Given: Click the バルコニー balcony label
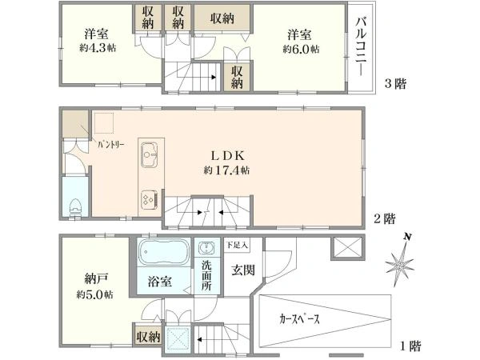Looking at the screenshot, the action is click(x=362, y=46).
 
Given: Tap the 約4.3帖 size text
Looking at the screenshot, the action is click(x=98, y=48).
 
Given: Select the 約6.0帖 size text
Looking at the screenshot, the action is click(x=301, y=49).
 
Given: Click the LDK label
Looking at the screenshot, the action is click(x=228, y=156).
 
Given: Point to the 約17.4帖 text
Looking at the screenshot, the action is click(x=226, y=170).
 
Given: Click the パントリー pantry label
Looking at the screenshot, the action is click(x=111, y=145).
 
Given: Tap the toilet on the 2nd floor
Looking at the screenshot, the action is click(x=75, y=207).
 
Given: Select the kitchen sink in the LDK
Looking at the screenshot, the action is click(x=150, y=154).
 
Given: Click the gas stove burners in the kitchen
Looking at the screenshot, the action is click(x=150, y=199).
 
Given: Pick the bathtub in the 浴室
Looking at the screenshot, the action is click(x=163, y=252).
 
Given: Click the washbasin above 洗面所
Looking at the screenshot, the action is click(x=206, y=248).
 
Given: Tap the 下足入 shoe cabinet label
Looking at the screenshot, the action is click(x=237, y=245).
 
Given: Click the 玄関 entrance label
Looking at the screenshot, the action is click(x=242, y=270).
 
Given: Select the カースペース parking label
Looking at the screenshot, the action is click(x=299, y=319).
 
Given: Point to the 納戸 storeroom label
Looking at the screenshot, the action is click(x=96, y=279).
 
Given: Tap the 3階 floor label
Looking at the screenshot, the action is click(x=395, y=83).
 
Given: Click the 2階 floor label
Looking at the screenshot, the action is click(x=385, y=219).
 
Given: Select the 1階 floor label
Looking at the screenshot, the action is click(x=411, y=346).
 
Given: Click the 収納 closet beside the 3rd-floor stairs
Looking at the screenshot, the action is click(x=237, y=77).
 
